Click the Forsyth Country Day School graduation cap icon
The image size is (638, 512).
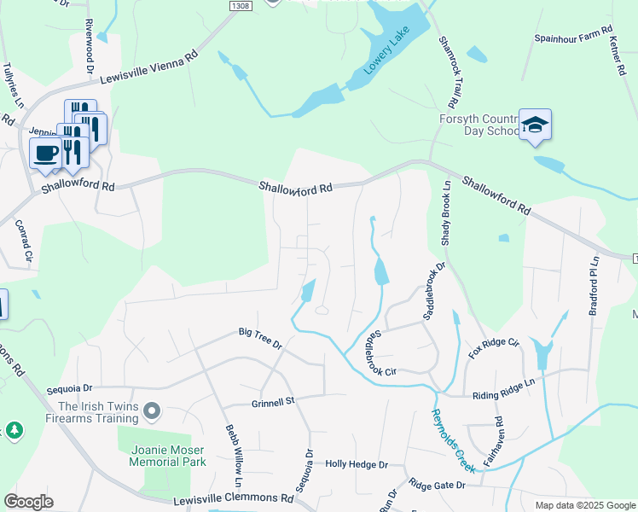coord(534,125)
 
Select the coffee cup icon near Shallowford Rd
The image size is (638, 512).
coord(45,154)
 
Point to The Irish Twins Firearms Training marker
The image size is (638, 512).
coord(153,412)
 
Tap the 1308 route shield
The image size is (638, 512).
coord(241,6)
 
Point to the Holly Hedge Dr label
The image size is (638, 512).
coord(356,464)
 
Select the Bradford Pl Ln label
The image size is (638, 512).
coord(594,284)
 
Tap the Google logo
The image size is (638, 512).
coord(28,502)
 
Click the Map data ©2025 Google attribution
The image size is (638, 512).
coord(584,505)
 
